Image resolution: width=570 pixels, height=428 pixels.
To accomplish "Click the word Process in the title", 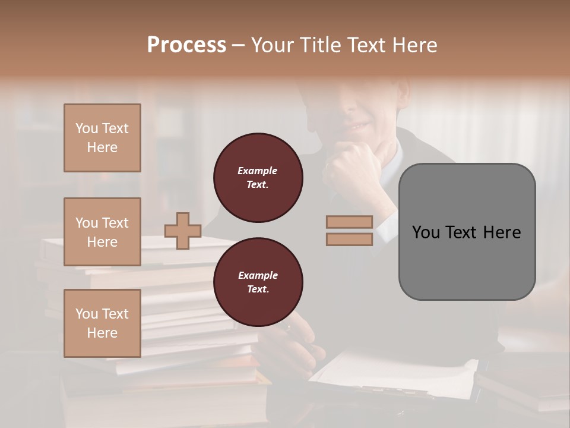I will [x=186, y=45].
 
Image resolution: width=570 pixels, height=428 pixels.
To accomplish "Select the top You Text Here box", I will [x=102, y=138].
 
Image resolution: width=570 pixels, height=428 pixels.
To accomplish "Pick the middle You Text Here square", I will [x=102, y=232].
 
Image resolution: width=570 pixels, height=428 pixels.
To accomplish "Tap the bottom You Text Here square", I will [x=102, y=323].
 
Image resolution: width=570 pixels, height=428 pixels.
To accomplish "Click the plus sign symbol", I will [x=183, y=231].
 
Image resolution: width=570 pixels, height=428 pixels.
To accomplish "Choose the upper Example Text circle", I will [x=258, y=178].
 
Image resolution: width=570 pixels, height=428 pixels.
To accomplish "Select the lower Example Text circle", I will [x=258, y=282].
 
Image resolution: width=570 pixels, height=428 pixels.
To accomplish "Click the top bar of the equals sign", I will [x=349, y=222].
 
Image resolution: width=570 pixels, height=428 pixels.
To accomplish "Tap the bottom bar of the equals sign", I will [x=349, y=239].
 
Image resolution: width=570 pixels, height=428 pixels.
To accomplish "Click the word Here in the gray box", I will [x=502, y=232].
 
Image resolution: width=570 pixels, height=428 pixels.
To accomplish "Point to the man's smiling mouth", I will [x=357, y=126].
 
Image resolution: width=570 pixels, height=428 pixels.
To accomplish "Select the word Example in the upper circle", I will [x=257, y=171].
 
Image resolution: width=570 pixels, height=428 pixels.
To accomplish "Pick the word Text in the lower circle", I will [x=257, y=289].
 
